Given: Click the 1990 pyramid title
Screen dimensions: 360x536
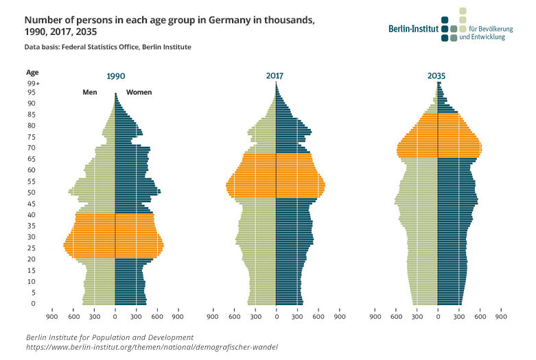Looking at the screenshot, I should click(115, 77).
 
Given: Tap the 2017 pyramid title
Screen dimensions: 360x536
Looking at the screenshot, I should click(275, 77).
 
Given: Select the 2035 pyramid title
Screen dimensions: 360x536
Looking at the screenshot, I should click(436, 77).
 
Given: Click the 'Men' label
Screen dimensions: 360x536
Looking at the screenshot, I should click(89, 92).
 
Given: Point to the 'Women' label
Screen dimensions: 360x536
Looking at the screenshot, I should click(139, 92).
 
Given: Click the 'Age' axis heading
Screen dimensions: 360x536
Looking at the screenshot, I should click(32, 71).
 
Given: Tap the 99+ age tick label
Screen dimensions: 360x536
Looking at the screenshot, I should click(33, 83).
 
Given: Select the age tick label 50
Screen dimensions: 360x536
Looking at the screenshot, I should click(32, 192).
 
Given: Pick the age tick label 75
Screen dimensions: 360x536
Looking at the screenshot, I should click(32, 136).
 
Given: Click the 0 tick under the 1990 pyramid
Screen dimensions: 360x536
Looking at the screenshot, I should click(115, 317).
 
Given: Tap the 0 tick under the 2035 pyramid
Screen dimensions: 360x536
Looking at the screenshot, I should click(437, 317).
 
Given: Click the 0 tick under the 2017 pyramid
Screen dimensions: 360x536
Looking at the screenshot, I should click(276, 317).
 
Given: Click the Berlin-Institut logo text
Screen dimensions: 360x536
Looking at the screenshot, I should click(414, 29).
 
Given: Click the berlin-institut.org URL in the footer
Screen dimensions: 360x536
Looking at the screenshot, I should click(152, 347).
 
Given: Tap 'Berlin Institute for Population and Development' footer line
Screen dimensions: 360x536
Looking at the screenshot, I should click(110, 337).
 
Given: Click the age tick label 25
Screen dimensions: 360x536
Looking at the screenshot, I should click(32, 248).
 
